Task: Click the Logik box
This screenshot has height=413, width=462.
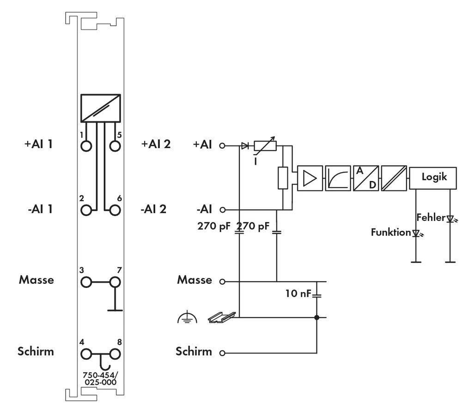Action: pyautogui.click(x=434, y=177)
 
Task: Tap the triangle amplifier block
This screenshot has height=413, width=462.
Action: pyautogui.click(x=311, y=178)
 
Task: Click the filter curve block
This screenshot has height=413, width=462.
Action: pyautogui.click(x=338, y=178)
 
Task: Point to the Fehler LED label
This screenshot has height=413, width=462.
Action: pyautogui.click(x=431, y=217)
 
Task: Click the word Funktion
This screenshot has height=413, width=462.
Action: pyautogui.click(x=391, y=232)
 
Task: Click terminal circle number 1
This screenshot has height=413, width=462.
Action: pyautogui.click(x=86, y=146)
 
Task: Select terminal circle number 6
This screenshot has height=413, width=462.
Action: pyautogui.click(x=115, y=210)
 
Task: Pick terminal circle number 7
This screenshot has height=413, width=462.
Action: pyautogui.click(x=115, y=281)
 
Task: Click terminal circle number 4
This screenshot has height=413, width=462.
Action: pyautogui.click(x=86, y=354)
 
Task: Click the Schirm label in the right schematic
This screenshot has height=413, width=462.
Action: pyautogui.click(x=194, y=352)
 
